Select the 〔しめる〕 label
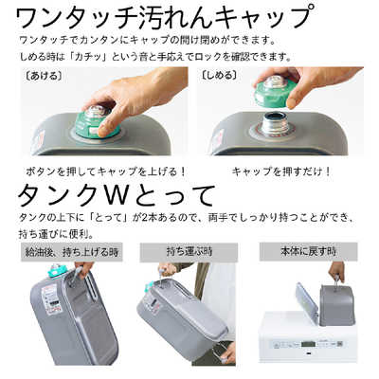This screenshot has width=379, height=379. click(x=220, y=73)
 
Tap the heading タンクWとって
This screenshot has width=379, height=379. click(x=117, y=197)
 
